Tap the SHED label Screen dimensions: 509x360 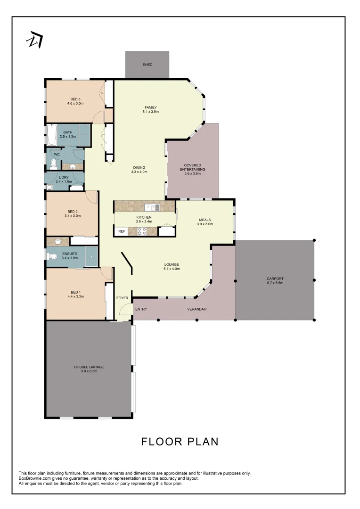[x=147, y=65]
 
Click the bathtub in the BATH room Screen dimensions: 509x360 [x=51, y=135]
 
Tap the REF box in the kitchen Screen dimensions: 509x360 [x=122, y=231]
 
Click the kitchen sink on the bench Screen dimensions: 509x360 [x=152, y=207]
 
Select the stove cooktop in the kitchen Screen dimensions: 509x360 [x=141, y=231]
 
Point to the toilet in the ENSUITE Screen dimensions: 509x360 [x=53, y=256]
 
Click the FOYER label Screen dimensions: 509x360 [x=123, y=298]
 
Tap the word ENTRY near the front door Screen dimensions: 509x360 [x=141, y=309]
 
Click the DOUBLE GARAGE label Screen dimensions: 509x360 [x=89, y=367]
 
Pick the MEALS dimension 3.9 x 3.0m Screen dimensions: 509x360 [x=205, y=224]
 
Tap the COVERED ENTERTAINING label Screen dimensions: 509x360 [x=193, y=167]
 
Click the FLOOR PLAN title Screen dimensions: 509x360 [x=180, y=442]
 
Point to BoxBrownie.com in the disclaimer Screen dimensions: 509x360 [x=32, y=478]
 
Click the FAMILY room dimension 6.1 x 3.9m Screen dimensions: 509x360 [x=151, y=112]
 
